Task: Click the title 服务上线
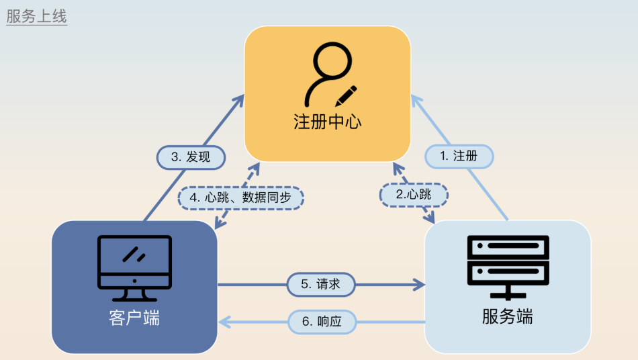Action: pos(36,17)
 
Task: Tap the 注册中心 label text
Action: pos(328,122)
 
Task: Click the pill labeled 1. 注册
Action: pos(459,156)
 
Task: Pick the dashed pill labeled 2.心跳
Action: pos(414,195)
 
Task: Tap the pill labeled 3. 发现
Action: pos(191,157)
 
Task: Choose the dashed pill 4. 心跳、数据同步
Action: pos(240,197)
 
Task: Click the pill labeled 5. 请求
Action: pos(321,285)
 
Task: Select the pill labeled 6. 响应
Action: pos(322,322)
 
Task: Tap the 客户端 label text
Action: pos(134,318)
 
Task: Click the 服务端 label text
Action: pos(508,316)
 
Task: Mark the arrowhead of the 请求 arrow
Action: pos(420,285)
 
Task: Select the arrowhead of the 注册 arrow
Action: pos(416,99)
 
